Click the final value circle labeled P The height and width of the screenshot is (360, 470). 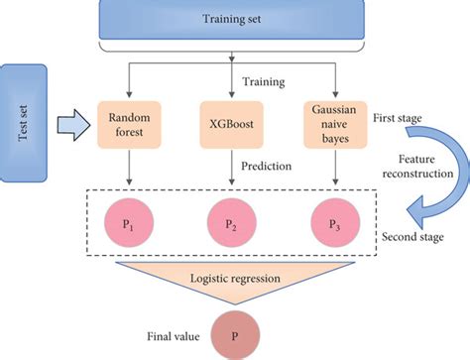click(x=233, y=336)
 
